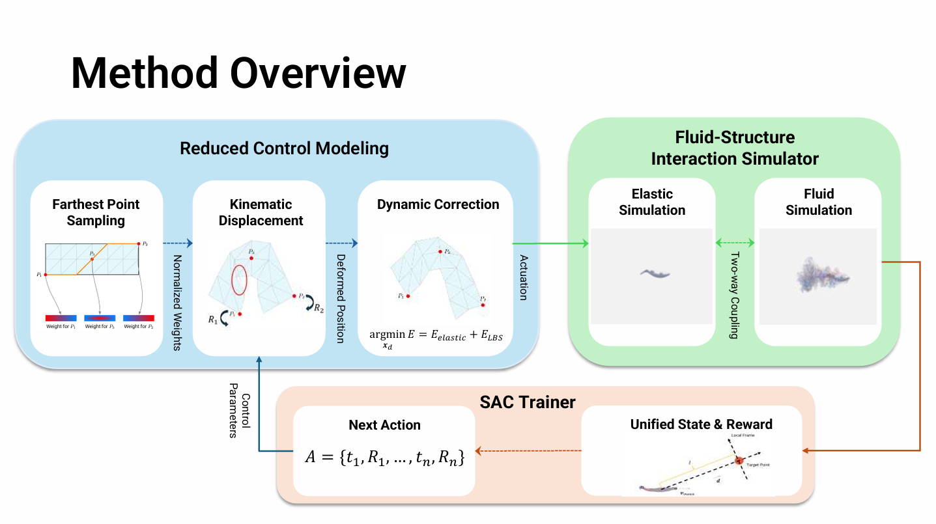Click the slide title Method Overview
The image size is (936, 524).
tap(238, 73)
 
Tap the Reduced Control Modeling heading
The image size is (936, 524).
tap(284, 148)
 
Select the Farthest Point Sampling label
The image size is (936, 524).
tap(96, 212)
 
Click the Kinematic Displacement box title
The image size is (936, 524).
tap(261, 212)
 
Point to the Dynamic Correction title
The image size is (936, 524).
tap(438, 204)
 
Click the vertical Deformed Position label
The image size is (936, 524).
tap(340, 298)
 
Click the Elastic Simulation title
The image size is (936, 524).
tap(652, 202)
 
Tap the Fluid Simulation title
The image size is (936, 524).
tap(818, 202)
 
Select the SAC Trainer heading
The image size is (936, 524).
tap(527, 402)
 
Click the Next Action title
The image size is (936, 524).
tap(384, 425)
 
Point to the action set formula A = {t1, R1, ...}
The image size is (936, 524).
tap(385, 458)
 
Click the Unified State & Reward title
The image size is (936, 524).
tap(701, 425)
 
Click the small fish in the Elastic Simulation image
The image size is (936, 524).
tap(652, 273)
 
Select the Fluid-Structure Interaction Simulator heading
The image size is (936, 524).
tap(735, 148)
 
